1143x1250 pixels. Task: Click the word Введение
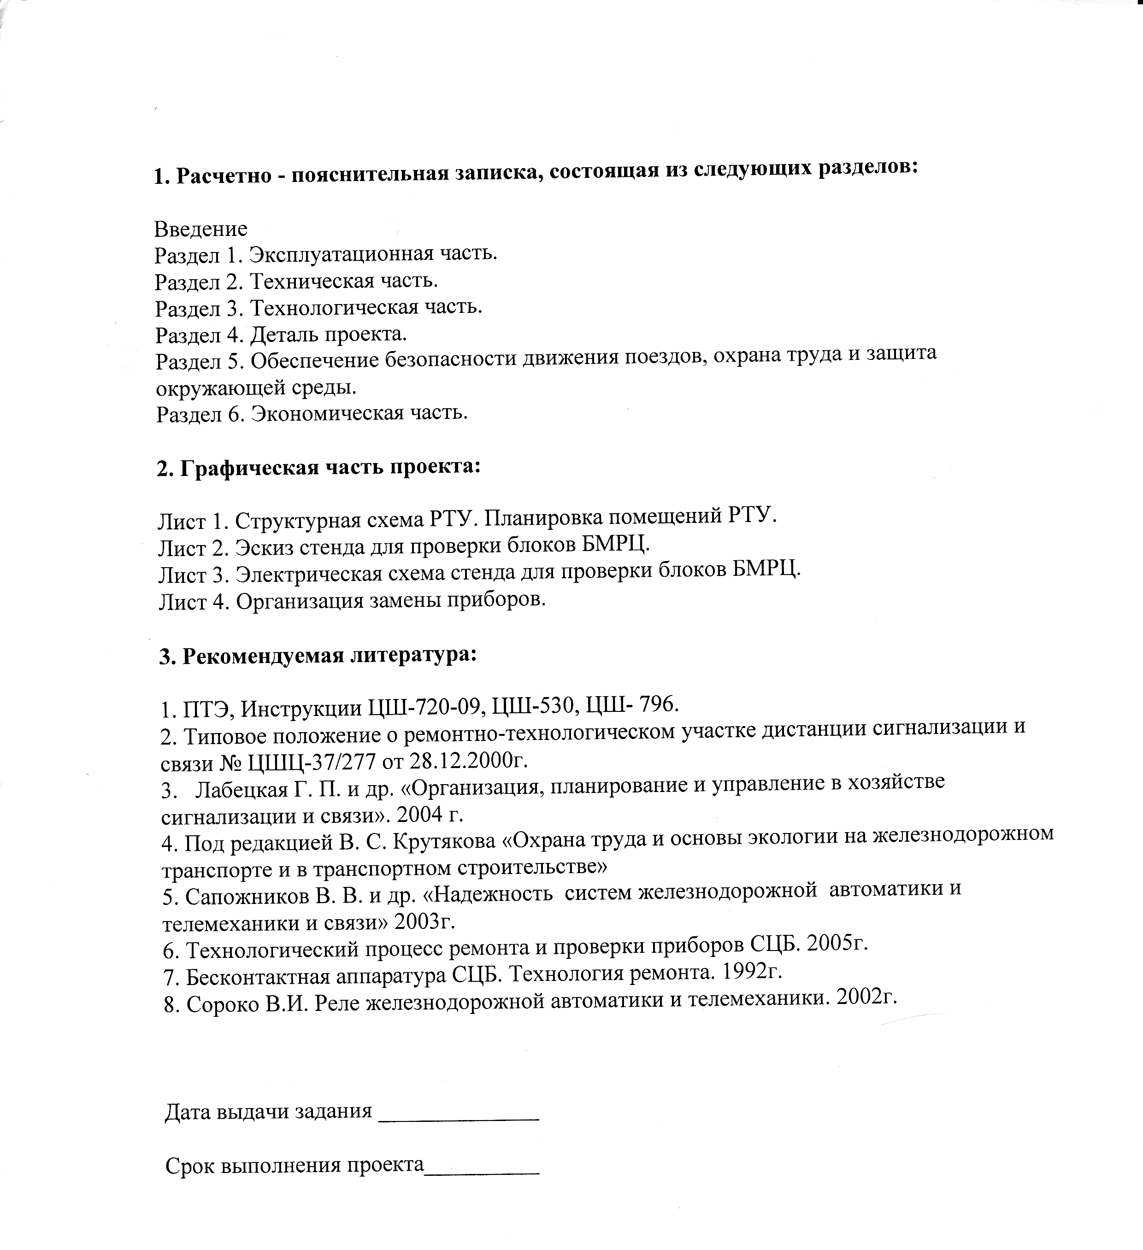click(200, 229)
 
